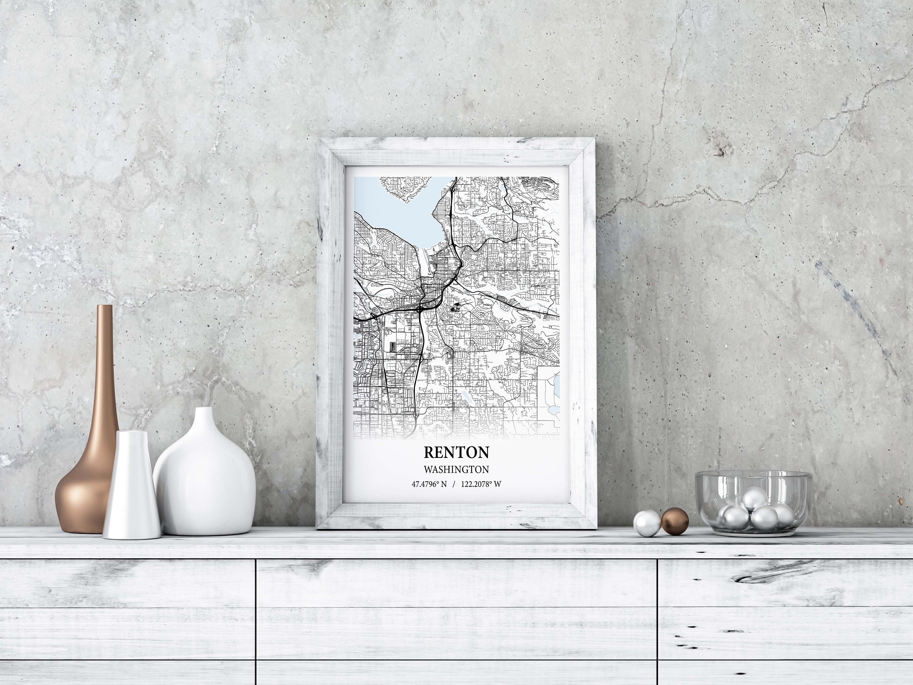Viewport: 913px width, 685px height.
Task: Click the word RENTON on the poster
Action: point(456,452)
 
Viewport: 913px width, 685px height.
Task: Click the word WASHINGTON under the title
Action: point(456,469)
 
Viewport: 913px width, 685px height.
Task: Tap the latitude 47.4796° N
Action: point(429,484)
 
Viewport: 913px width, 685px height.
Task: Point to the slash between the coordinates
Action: point(454,484)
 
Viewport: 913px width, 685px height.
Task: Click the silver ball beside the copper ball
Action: point(646,523)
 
